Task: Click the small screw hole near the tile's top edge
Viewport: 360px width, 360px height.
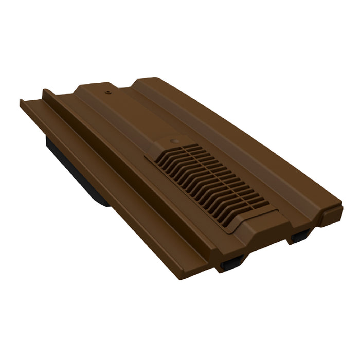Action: [x=107, y=94]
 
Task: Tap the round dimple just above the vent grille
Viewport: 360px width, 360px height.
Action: [x=173, y=140]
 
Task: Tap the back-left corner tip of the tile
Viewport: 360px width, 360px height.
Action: [x=21, y=100]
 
